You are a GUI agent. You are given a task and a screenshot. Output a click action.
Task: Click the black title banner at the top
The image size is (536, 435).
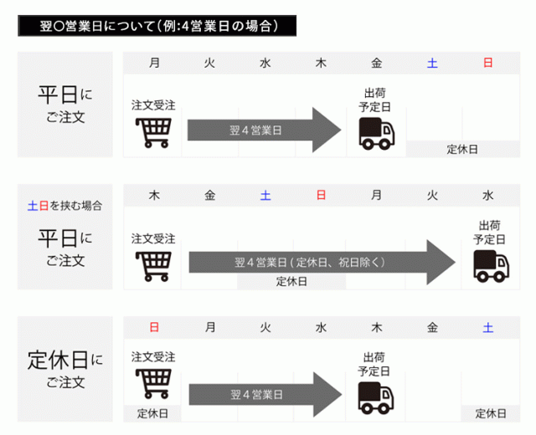[158, 27]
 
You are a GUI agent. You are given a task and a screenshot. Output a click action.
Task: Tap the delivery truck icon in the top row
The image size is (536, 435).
[376, 133]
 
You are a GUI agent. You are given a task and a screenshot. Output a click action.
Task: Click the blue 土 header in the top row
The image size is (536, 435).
[432, 63]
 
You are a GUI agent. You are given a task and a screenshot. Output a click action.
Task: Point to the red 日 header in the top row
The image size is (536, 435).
[488, 63]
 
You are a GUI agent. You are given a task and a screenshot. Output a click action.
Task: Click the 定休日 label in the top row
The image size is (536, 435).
[461, 149]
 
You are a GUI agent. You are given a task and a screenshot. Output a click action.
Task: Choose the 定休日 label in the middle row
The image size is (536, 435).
[291, 281]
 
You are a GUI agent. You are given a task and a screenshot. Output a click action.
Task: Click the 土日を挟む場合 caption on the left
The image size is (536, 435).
[65, 205]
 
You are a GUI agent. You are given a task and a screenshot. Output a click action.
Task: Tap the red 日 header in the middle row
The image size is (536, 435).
[321, 196]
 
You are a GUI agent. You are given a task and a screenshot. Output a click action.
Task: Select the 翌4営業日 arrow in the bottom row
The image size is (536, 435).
[264, 392]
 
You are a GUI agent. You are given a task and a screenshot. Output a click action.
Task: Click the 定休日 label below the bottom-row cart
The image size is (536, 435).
[152, 413]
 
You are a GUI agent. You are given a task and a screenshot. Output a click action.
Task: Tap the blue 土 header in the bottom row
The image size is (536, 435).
[488, 327]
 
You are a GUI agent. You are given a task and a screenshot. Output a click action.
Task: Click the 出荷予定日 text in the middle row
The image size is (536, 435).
[490, 232]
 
